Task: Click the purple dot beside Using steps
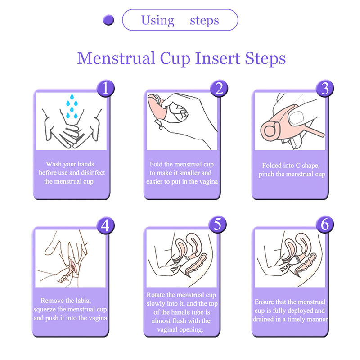point(108,20)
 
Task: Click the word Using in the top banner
point(157,21)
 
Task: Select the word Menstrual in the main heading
point(116,58)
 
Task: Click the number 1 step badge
point(106,88)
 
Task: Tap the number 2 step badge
point(219,88)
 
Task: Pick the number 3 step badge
point(325,88)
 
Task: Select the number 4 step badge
point(105,225)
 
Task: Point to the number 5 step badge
point(217,225)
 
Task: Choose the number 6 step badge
point(325,225)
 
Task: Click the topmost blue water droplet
point(72,97)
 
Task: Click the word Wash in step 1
point(54,164)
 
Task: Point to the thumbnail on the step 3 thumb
point(297,118)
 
